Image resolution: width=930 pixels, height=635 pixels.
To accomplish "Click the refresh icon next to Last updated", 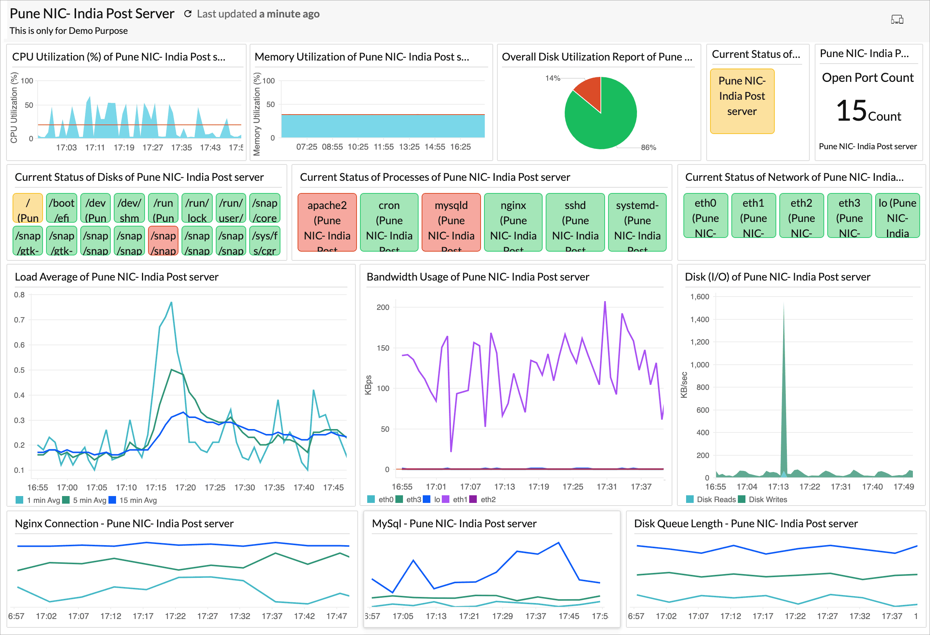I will (188, 14).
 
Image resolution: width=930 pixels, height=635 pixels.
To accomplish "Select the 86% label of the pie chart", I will (648, 148).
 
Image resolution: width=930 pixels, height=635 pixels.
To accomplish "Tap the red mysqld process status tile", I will (451, 222).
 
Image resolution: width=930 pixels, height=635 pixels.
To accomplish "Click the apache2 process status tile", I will (327, 222).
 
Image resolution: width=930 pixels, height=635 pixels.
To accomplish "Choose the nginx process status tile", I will (513, 222).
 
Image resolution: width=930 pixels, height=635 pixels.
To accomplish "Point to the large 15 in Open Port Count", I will (851, 110).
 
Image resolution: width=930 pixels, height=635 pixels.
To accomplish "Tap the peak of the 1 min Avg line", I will (171, 303).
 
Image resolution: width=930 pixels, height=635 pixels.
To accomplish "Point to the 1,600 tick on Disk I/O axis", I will (699, 297).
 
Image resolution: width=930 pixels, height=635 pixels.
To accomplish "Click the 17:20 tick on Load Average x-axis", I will (185, 487).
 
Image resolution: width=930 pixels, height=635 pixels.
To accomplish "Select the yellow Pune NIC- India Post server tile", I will (742, 101).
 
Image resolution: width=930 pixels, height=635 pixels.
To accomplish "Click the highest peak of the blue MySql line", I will (558, 543).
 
